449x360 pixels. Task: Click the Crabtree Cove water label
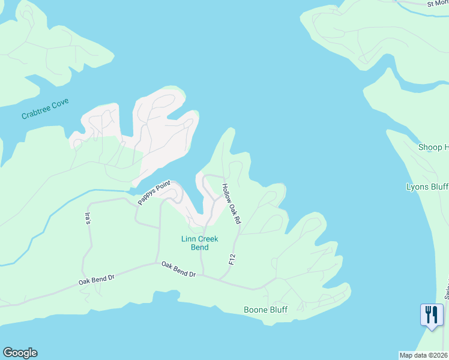45,109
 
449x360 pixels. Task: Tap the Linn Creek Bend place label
199,243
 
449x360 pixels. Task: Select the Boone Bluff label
265,310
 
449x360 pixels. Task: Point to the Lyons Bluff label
427,187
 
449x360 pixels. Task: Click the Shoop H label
433,147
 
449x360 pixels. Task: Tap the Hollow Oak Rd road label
231,204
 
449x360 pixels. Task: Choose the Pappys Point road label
154,193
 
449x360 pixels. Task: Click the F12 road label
232,259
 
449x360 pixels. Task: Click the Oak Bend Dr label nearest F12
178,269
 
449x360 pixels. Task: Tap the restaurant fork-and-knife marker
432,315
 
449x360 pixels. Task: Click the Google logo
20,353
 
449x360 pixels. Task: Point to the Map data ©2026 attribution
424,355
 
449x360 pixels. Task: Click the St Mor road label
438,4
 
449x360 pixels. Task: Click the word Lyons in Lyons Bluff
418,187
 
